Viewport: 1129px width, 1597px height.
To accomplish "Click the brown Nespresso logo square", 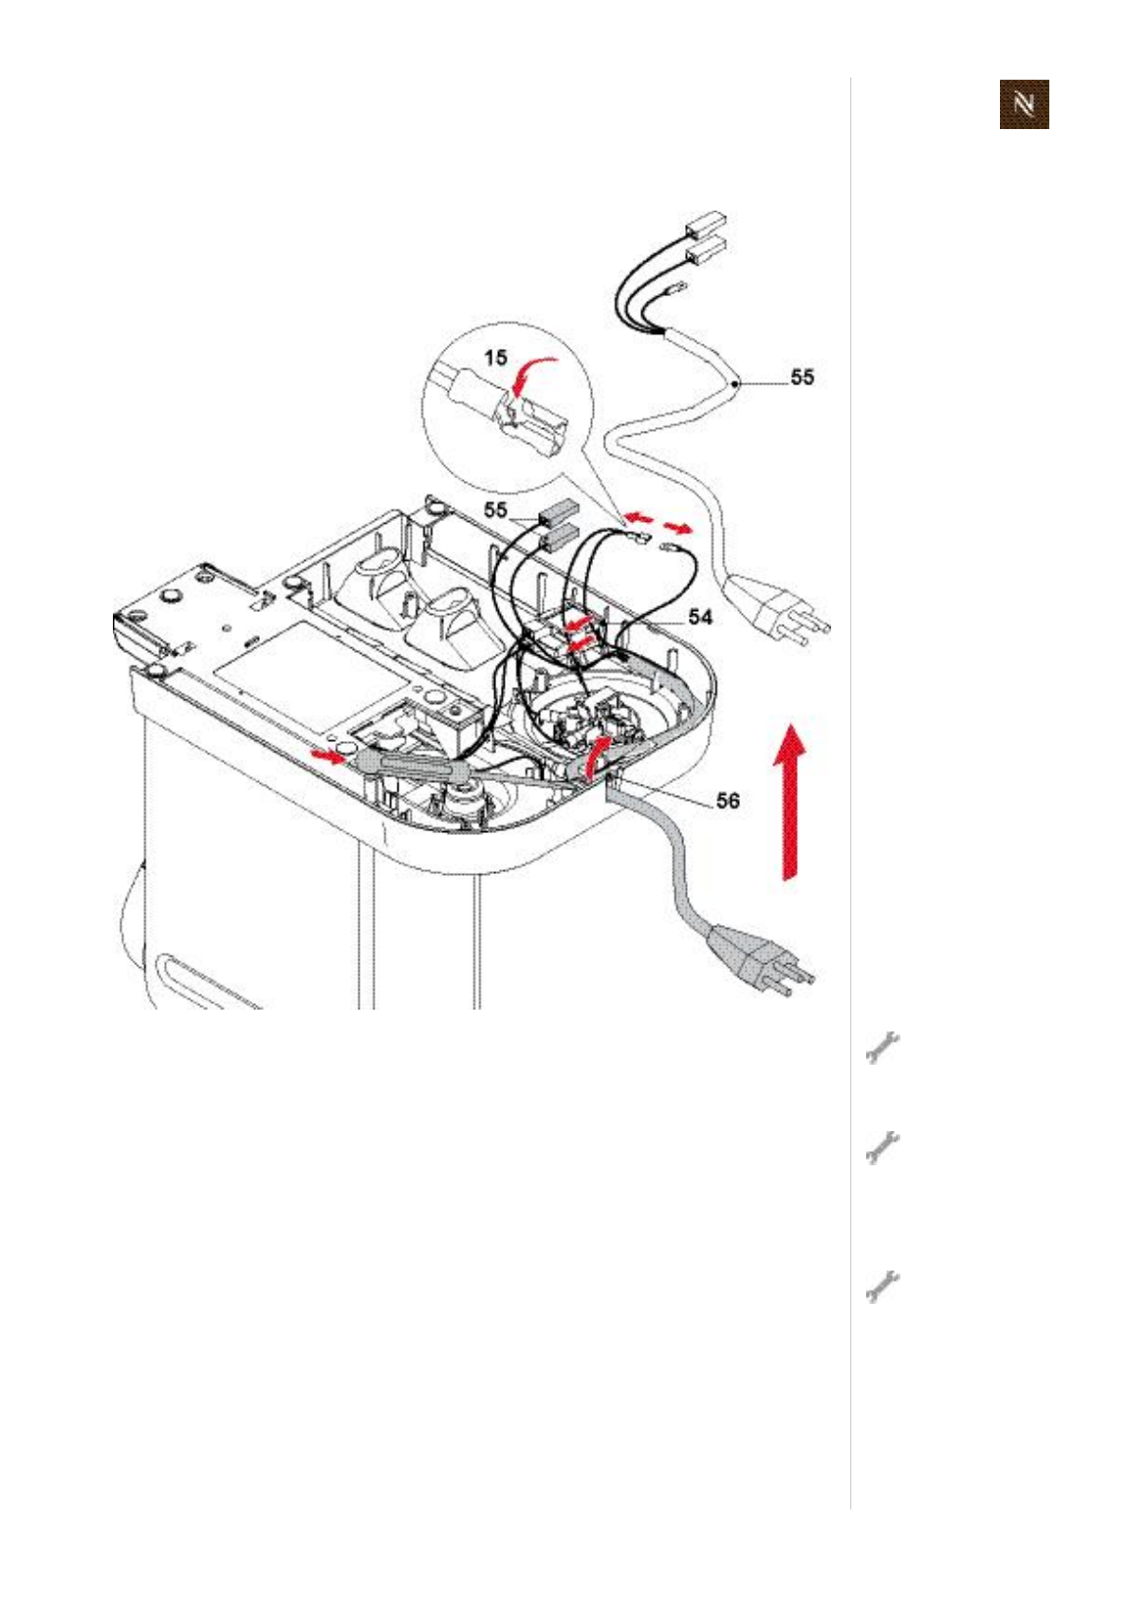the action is pos(1024,103).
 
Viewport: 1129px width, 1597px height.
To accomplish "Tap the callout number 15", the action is pos(494,358).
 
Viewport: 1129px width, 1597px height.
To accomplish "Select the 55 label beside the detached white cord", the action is pos(802,377).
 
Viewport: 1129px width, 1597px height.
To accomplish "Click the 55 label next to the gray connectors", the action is pos(495,510).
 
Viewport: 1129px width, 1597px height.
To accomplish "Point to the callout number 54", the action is pos(700,617).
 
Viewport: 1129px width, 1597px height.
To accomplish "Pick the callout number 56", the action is pos(727,801).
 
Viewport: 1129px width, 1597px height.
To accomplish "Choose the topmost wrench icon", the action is pos(881,1048).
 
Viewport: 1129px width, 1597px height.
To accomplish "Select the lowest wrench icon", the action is pos(881,1286).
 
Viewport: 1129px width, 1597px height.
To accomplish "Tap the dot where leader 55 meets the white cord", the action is pos(736,382).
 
